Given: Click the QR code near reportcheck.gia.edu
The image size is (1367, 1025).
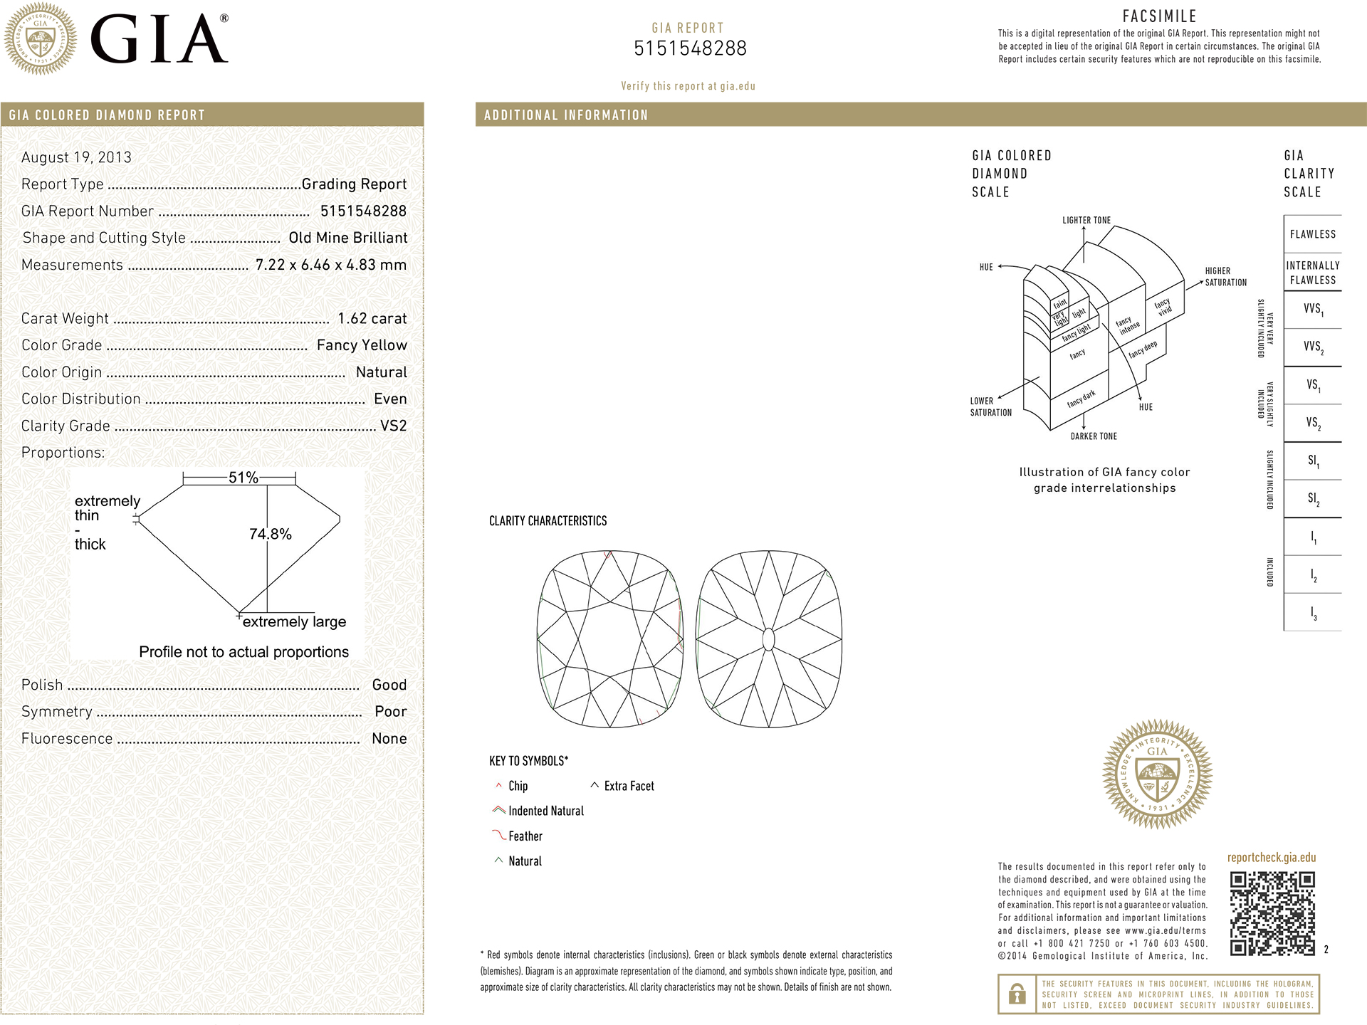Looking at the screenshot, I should [1272, 913].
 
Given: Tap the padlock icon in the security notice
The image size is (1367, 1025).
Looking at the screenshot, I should [1017, 994].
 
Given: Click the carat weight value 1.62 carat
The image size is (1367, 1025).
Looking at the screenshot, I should [372, 318].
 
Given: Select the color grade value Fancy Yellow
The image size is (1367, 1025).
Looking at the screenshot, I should [362, 345].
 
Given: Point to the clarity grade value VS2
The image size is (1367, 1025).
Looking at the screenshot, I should [393, 426].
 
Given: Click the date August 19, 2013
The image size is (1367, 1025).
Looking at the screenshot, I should [76, 157].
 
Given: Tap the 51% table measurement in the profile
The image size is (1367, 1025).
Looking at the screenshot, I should [243, 478].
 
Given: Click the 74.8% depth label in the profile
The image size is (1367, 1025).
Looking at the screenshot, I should [271, 534].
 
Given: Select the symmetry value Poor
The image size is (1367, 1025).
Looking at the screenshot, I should [390, 712].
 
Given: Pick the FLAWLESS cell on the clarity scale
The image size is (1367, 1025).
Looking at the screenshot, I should [1312, 234].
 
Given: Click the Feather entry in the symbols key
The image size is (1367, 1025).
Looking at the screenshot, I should [525, 836].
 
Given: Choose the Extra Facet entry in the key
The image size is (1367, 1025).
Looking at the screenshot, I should [629, 786].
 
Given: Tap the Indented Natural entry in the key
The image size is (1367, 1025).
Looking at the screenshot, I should [545, 811].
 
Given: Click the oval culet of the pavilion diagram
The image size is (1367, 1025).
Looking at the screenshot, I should [768, 639].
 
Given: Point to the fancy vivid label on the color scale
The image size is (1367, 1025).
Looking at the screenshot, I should [1163, 307].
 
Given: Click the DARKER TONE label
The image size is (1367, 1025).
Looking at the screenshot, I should [1094, 436].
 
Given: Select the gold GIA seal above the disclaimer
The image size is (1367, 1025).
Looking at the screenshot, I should [1157, 774].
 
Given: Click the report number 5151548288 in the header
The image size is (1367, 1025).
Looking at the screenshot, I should [690, 48].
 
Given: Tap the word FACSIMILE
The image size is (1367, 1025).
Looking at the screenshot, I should [1159, 16].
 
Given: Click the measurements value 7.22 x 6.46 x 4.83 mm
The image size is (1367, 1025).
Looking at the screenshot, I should [331, 265].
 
